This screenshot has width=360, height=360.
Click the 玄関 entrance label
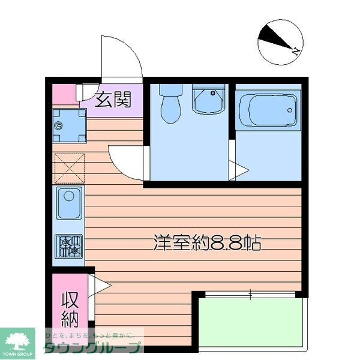tap(113, 100)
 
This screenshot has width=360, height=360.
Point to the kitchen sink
tap(69, 202)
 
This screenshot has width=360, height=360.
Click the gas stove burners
tap(69, 246)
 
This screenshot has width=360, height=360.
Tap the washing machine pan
tap(69, 126)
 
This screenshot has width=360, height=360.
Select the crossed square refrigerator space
tap(69, 167)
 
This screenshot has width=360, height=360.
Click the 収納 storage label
tap(70, 308)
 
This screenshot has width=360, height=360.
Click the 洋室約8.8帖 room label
tap(207, 242)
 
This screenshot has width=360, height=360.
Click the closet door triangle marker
tap(98, 284)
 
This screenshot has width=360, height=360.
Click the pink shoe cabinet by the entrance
tap(64, 95)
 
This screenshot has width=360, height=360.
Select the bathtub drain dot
tap(290, 110)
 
